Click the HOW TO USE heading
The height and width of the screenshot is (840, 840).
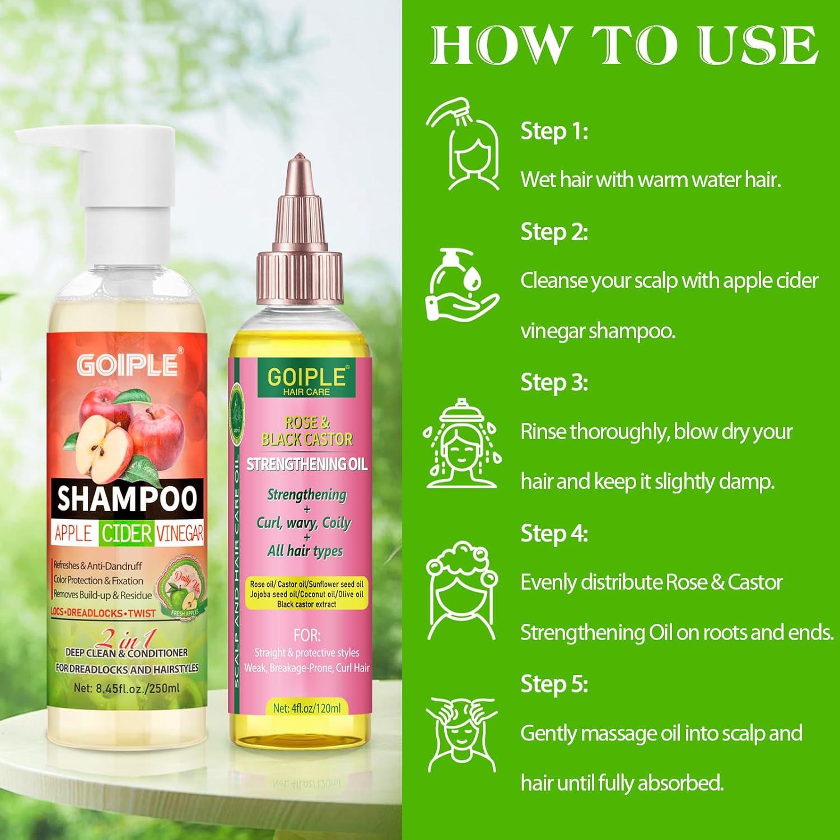[624, 46]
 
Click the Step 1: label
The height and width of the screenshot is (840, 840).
[554, 132]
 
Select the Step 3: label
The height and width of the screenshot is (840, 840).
[554, 382]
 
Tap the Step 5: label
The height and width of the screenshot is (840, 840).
[554, 684]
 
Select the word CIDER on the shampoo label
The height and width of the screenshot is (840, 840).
[126, 534]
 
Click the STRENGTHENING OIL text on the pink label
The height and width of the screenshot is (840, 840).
[307, 464]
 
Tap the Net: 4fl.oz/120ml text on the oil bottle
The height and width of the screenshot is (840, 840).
[306, 708]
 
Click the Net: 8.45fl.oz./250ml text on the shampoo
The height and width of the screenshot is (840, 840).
[127, 688]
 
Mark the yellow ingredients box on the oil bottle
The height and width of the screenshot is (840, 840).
[306, 594]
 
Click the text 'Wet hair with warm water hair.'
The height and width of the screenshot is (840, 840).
[651, 180]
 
